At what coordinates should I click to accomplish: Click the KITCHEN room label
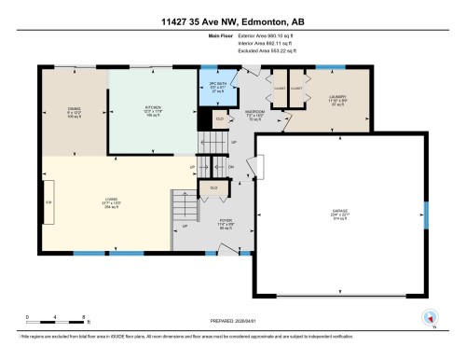pyautogui.click(x=153, y=109)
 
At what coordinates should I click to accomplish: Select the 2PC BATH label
pyautogui.click(x=217, y=86)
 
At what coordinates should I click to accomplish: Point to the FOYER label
pyautogui.click(x=225, y=224)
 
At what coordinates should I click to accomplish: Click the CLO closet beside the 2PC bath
pyautogui.click(x=220, y=118)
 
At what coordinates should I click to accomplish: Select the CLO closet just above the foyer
pyautogui.click(x=214, y=187)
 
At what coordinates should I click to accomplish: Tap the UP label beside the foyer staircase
pyautogui.click(x=185, y=227)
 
